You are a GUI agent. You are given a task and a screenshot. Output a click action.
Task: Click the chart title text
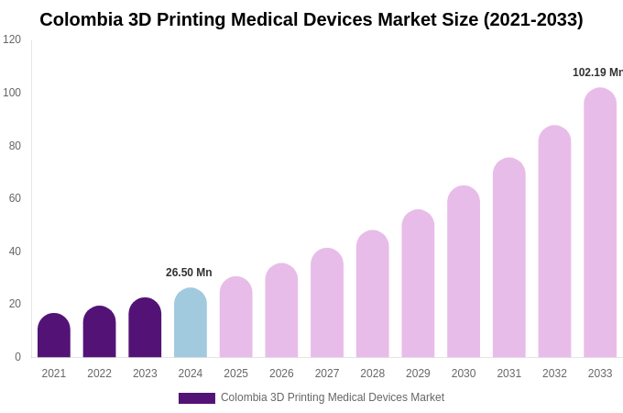(x=311, y=19)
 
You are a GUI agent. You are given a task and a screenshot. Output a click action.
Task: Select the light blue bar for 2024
(x=191, y=323)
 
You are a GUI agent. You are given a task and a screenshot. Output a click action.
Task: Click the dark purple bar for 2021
(x=54, y=336)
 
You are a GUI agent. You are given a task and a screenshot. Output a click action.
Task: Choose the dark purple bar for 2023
(x=145, y=328)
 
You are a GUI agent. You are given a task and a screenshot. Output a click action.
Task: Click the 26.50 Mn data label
(x=189, y=273)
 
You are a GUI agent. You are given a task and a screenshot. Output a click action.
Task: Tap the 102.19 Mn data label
(x=596, y=73)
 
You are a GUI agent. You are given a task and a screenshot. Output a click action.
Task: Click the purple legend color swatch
(x=196, y=398)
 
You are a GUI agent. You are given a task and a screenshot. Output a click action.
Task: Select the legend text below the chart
(x=332, y=397)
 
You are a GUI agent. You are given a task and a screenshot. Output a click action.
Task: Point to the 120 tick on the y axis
(x=12, y=39)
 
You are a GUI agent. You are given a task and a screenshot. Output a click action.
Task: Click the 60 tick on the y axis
(x=15, y=198)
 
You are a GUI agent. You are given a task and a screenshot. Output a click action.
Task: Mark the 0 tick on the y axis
(x=17, y=357)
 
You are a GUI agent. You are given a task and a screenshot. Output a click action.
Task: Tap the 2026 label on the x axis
(x=281, y=374)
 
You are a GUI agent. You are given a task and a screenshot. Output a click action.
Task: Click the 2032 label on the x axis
(x=554, y=374)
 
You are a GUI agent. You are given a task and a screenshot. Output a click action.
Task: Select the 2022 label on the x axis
(x=99, y=374)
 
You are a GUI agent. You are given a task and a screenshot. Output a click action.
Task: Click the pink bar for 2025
(x=235, y=318)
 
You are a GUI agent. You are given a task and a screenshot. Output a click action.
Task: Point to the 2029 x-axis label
(x=418, y=374)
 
